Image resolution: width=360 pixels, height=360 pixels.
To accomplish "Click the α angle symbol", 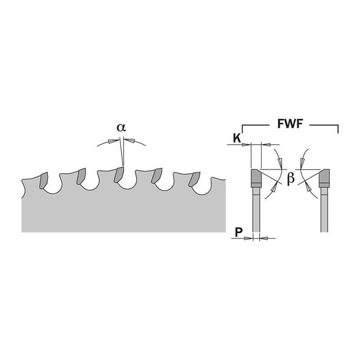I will click(x=121, y=127).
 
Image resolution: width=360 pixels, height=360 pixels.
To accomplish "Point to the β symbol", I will click(x=291, y=179).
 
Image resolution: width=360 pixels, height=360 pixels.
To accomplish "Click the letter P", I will click(x=239, y=232).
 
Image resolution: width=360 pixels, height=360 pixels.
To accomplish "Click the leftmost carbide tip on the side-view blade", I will click(x=43, y=180).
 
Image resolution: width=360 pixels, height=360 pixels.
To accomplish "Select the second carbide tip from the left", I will click(x=81, y=176).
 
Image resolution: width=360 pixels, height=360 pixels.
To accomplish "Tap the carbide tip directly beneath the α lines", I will click(x=119, y=175).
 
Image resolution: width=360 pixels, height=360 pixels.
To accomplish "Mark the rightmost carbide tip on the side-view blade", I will click(x=194, y=179).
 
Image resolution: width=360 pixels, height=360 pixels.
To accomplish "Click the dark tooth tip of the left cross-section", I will click(x=256, y=178).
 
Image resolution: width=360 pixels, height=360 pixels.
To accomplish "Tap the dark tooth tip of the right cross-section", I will click(x=324, y=178).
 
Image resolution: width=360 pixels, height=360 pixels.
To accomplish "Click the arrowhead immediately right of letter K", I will click(x=247, y=145).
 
